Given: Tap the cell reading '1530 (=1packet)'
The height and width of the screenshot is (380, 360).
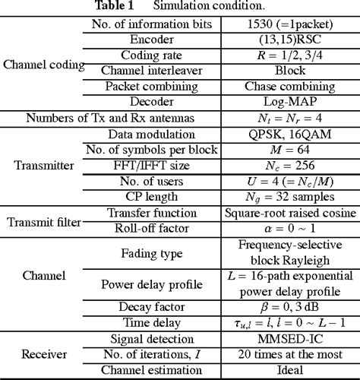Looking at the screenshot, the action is [x=292, y=23].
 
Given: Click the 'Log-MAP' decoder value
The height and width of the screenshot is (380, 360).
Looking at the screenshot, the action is [x=292, y=101].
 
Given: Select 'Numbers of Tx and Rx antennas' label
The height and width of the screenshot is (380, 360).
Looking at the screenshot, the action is [x=100, y=118].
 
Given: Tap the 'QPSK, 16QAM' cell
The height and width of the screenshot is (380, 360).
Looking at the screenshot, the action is [x=292, y=134].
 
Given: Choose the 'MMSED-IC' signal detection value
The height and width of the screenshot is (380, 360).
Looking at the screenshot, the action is [x=292, y=339].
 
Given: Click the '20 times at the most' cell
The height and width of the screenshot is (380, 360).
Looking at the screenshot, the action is [x=292, y=355].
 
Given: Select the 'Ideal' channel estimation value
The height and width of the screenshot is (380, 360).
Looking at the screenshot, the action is [x=292, y=371].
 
